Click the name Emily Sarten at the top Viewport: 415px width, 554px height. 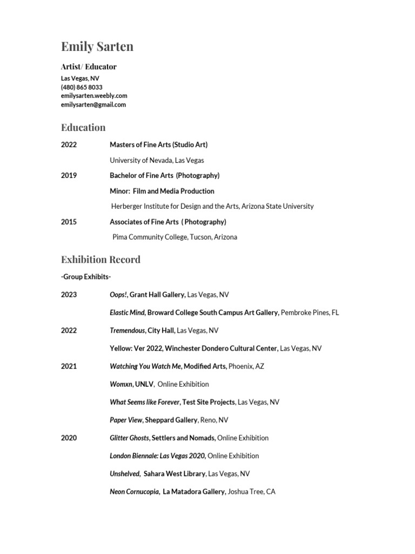point(97,47)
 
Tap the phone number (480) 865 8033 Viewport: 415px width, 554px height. point(82,87)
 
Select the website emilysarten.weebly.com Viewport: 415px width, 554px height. point(94,96)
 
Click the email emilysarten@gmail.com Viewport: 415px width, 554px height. point(93,104)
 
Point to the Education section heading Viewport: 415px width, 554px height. point(83,128)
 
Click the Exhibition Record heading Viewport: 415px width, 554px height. point(101,260)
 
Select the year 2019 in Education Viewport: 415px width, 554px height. point(69,175)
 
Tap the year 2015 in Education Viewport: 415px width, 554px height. point(69,222)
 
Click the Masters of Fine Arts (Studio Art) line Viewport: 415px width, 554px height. point(158,144)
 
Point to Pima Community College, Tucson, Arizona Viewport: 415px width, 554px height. point(175,237)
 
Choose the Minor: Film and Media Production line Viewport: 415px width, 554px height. point(162,191)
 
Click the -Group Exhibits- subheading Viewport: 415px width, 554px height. point(86,277)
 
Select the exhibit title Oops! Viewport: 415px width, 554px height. point(118,295)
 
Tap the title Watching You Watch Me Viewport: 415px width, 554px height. point(145,366)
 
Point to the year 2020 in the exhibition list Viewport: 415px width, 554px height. point(69,438)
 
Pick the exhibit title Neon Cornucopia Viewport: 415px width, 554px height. point(134,492)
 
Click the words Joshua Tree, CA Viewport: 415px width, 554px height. point(251,492)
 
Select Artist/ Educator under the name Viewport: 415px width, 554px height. point(89,67)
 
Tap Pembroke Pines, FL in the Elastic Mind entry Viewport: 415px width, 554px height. point(310,313)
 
